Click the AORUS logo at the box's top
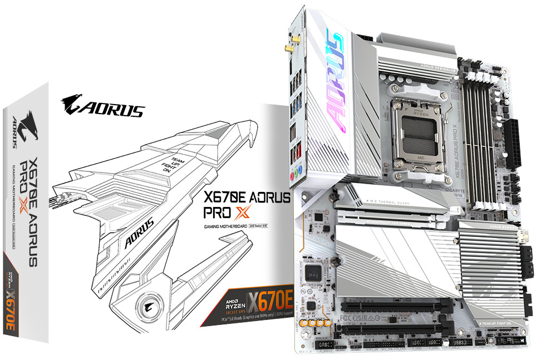pyautogui.click(x=104, y=105)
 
